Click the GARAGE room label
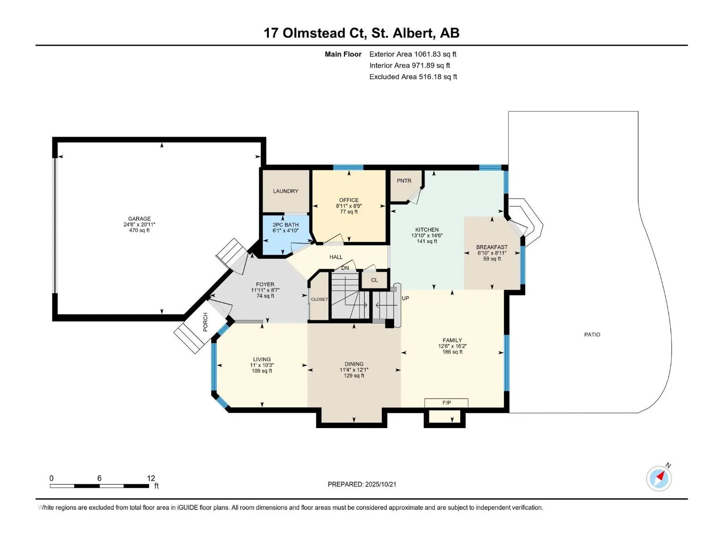click(139, 219)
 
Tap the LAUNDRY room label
click(286, 191)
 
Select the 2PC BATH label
click(286, 225)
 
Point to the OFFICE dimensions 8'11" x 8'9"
click(349, 206)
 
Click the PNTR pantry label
click(404, 181)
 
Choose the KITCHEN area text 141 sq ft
click(427, 241)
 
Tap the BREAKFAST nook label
click(492, 247)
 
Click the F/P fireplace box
click(446, 403)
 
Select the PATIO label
click(592, 335)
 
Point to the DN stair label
click(345, 268)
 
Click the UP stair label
click(405, 298)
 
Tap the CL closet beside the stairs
click(374, 280)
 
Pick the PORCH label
click(205, 322)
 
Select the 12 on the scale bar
click(151, 478)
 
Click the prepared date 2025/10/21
click(381, 484)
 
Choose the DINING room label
click(354, 364)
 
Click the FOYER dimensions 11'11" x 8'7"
click(265, 291)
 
